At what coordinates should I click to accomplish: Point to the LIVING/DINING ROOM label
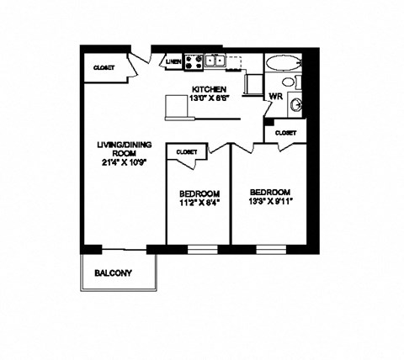118,148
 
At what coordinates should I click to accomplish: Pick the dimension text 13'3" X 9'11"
271,202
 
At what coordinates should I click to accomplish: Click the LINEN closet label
173,61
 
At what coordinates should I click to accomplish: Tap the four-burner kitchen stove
193,61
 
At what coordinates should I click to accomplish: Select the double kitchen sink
215,61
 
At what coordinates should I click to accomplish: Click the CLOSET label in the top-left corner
104,67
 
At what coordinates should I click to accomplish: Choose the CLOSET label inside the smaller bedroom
187,151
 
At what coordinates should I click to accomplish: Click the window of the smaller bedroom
200,248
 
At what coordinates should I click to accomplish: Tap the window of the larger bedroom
269,248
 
